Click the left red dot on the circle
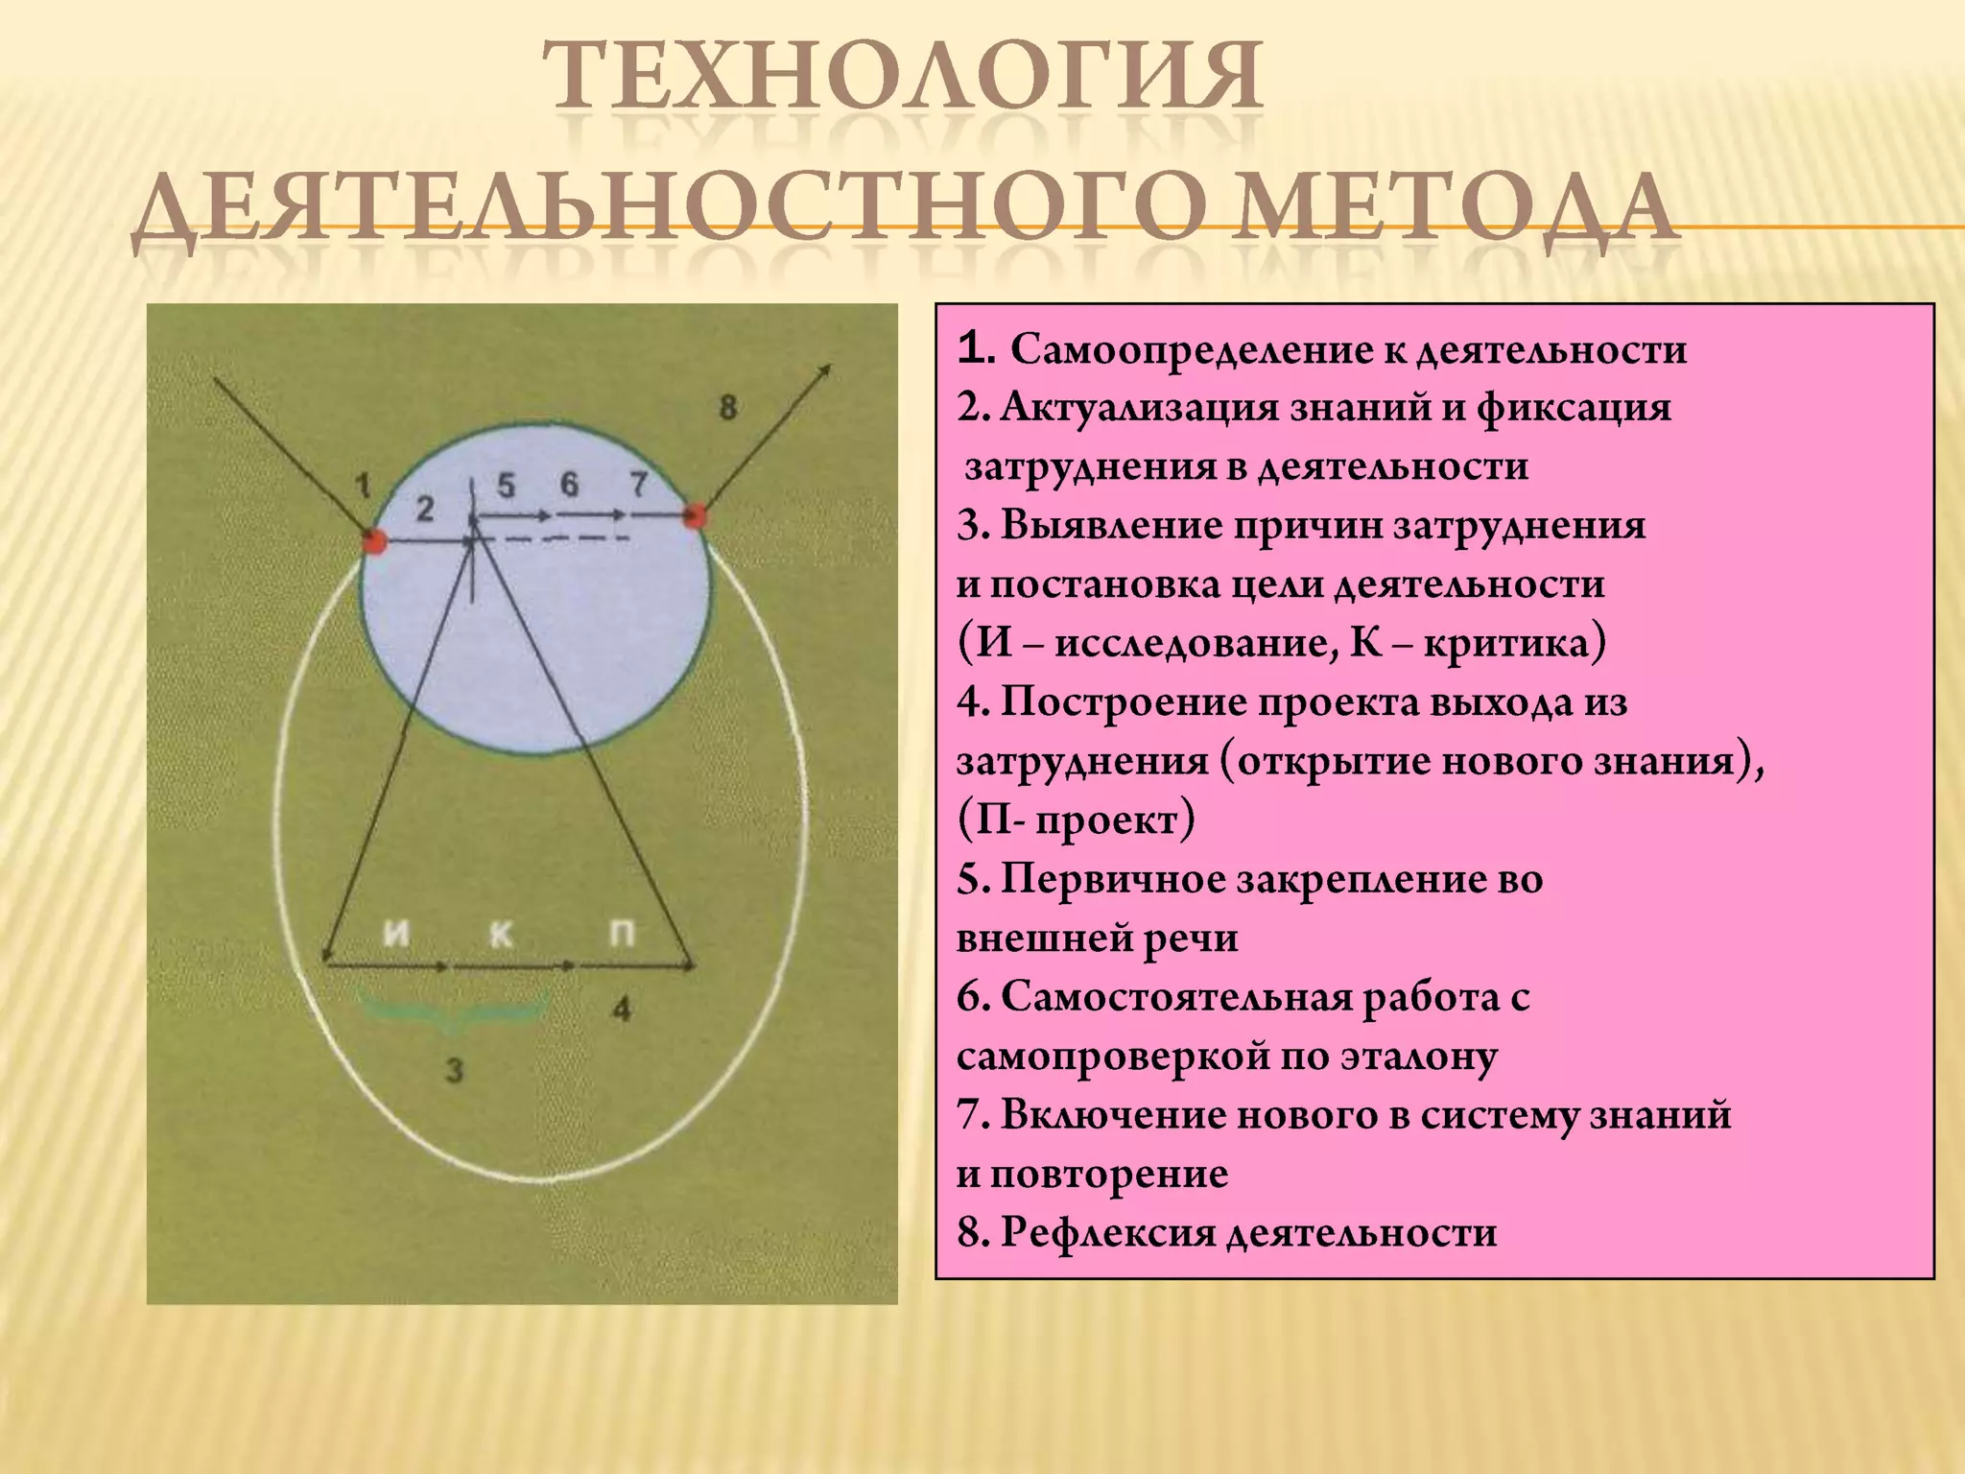tap(374, 540)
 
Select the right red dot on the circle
tap(694, 516)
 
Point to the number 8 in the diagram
tap(728, 407)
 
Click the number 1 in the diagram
tap(363, 486)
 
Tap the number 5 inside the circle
tap(506, 485)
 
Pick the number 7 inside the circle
tap(638, 485)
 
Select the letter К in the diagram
tap(501, 933)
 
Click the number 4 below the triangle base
tap(622, 1009)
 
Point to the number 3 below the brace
tap(455, 1069)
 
